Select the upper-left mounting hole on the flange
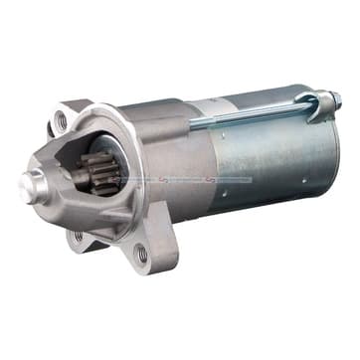click(x=61, y=119)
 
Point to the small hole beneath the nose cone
click(x=79, y=236)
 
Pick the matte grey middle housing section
click(x=179, y=149)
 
